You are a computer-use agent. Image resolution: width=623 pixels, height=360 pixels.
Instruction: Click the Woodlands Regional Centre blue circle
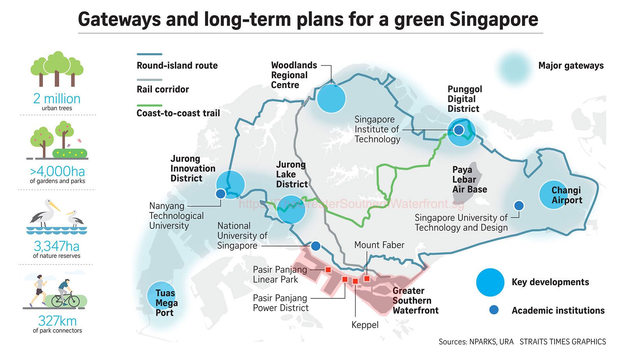pos(331,98)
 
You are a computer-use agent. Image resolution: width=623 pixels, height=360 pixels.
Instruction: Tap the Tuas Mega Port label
pos(166,303)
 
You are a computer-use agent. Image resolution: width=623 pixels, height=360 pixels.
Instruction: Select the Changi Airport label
pos(567,195)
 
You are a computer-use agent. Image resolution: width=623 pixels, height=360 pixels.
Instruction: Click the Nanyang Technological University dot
pos(220,194)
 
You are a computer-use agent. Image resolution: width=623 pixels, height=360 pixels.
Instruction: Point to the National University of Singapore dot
pos(316,246)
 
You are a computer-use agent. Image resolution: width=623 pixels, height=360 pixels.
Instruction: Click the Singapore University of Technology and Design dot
pos(519,206)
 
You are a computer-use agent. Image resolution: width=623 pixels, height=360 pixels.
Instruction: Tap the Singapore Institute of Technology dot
pos(459,130)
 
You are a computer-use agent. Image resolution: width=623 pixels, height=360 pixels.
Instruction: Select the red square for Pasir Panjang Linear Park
pos(328,270)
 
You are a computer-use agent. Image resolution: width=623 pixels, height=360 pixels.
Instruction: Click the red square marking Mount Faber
pos(367,279)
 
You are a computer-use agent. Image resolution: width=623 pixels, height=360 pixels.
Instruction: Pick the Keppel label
pos(365,325)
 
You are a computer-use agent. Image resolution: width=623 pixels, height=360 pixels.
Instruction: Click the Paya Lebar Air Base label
pos(470,180)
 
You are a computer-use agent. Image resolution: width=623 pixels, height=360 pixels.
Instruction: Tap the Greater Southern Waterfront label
pos(415,300)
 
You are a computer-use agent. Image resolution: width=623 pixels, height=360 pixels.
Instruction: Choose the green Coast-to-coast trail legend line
pos(150,106)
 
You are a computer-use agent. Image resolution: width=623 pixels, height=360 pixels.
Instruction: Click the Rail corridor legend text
pos(163,89)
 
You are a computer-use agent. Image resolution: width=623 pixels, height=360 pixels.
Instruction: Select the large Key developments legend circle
pos(490,282)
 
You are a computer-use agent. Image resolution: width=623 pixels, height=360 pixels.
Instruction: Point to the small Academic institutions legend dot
pos(494,310)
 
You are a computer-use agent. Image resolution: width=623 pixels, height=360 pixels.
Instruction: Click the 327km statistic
pos(57,321)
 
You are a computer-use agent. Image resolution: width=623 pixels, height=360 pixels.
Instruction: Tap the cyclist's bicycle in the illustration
pos(66,300)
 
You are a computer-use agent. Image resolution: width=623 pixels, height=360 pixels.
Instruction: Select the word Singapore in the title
pos(494,19)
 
